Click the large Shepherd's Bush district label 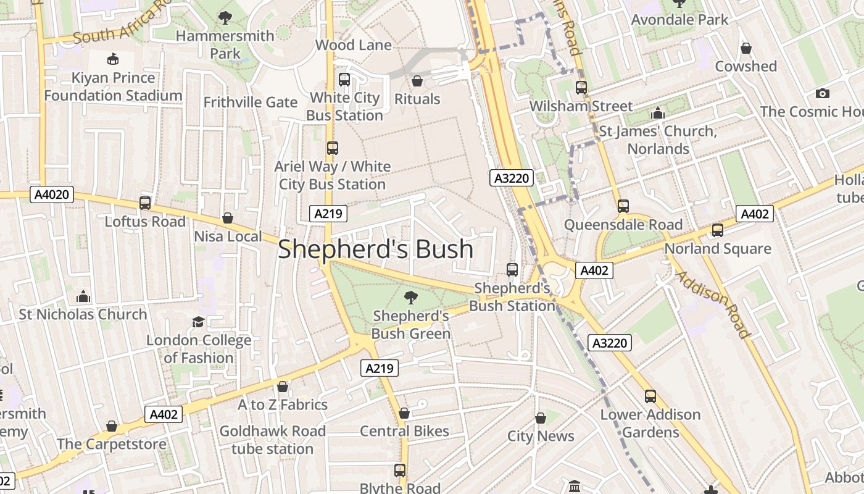coord(375,249)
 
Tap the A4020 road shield coord(52,195)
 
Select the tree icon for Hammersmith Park coord(225,17)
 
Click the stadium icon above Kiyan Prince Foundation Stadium coord(113,59)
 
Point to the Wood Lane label coord(353,45)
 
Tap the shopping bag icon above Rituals coord(417,81)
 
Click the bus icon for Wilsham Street coord(581,88)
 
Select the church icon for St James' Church coord(657,114)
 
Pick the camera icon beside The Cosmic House coord(822,94)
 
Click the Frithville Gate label coord(251,102)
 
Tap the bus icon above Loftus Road coord(145,203)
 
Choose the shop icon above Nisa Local coord(228,218)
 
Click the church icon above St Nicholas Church coord(83,296)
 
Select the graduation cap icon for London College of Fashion coord(198,322)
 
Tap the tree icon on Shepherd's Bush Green coord(410,298)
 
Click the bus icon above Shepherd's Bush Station coord(512,270)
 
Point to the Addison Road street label coord(713,304)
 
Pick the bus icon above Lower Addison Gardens coord(650,396)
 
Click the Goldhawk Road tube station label coord(272,440)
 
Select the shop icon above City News coord(541,418)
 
